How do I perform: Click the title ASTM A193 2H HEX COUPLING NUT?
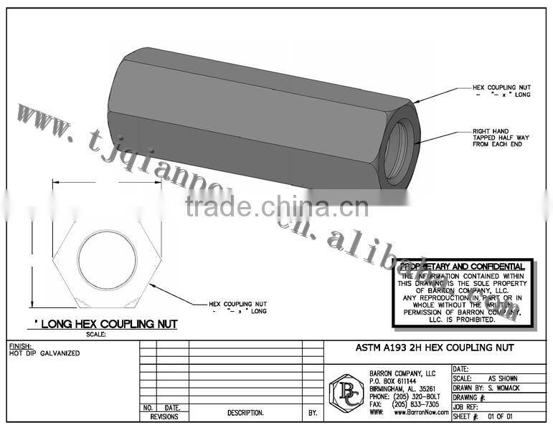[435, 348]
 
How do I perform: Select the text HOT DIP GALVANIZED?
[44, 353]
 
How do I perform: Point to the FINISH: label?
[21, 345]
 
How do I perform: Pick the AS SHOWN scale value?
[502, 378]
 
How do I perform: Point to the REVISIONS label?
[164, 416]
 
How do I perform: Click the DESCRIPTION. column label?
[245, 413]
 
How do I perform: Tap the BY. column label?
[313, 413]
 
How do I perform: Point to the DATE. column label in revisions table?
[172, 407]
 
